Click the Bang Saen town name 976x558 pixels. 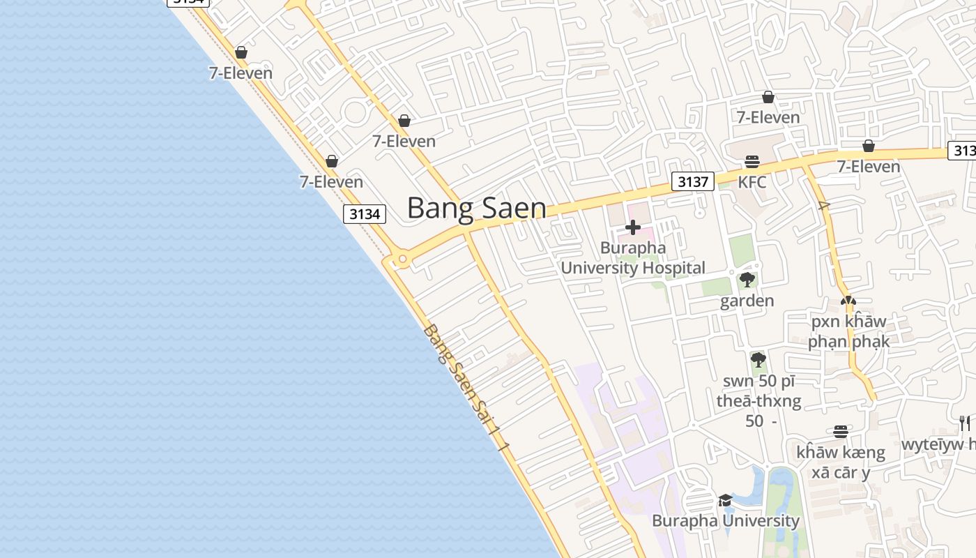click(x=476, y=208)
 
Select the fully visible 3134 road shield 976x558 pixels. click(x=365, y=214)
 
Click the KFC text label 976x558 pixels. click(x=752, y=183)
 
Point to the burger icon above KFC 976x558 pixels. click(x=752, y=162)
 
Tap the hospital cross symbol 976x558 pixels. click(x=633, y=227)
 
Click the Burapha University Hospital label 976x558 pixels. click(x=633, y=258)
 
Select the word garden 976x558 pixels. click(x=747, y=301)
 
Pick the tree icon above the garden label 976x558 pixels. click(x=747, y=280)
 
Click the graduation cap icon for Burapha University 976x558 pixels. click(x=725, y=500)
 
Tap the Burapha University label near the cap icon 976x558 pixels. click(x=725, y=521)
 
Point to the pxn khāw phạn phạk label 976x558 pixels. click(x=848, y=332)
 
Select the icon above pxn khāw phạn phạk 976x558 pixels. click(x=848, y=301)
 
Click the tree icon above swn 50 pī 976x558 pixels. click(x=758, y=360)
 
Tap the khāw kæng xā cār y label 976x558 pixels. click(x=840, y=462)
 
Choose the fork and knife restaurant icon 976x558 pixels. click(x=964, y=423)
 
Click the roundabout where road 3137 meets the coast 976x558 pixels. click(x=402, y=260)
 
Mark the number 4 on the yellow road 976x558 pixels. click(x=823, y=206)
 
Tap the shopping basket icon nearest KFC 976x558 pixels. click(x=768, y=97)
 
